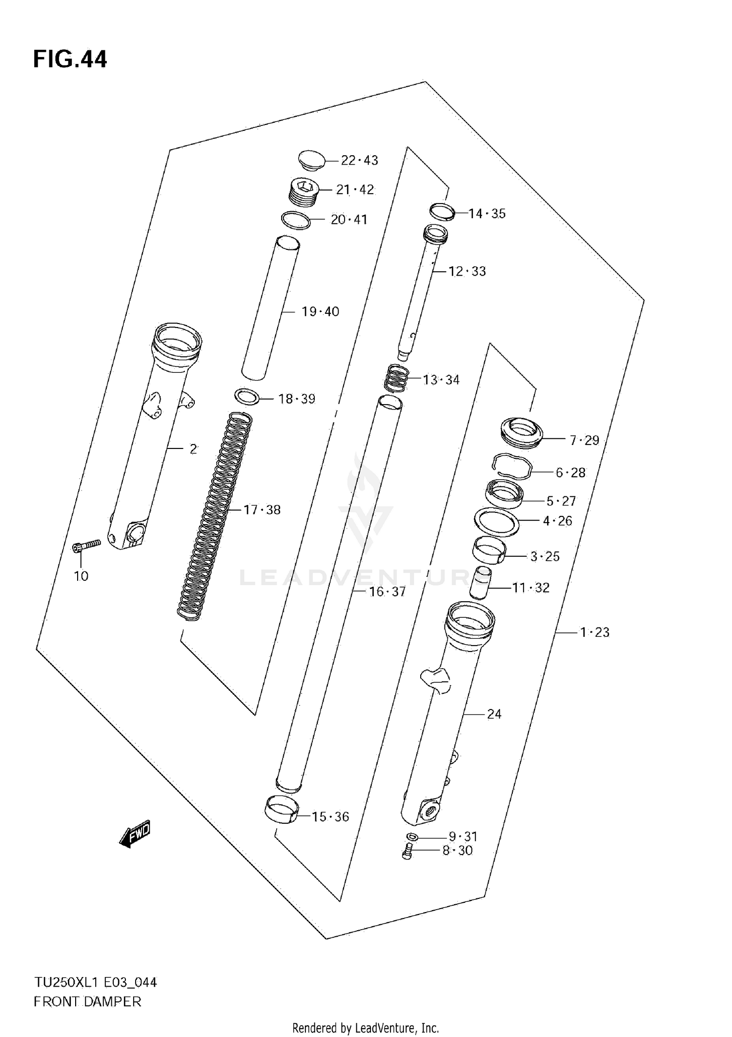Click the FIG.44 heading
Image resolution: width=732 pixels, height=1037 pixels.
(70, 60)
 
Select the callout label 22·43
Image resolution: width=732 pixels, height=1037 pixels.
(359, 161)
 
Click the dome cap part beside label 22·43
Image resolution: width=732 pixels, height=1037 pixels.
(312, 160)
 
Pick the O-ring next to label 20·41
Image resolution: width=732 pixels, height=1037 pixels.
(296, 220)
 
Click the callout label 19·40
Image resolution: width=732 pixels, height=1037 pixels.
(320, 311)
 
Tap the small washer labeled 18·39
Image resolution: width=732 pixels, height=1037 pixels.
(247, 397)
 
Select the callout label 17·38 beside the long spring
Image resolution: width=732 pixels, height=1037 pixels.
(262, 510)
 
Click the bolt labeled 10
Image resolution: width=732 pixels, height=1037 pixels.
(86, 546)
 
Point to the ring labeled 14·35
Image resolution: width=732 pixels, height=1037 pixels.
(442, 211)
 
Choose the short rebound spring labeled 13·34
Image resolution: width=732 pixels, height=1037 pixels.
(396, 378)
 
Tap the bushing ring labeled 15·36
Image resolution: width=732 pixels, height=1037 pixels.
(281, 810)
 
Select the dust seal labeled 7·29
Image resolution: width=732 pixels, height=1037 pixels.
(522, 432)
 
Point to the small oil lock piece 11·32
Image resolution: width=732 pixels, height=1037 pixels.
(480, 582)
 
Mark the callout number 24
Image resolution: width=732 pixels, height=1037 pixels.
(494, 714)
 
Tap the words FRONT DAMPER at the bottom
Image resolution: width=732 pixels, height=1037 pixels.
(87, 1002)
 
